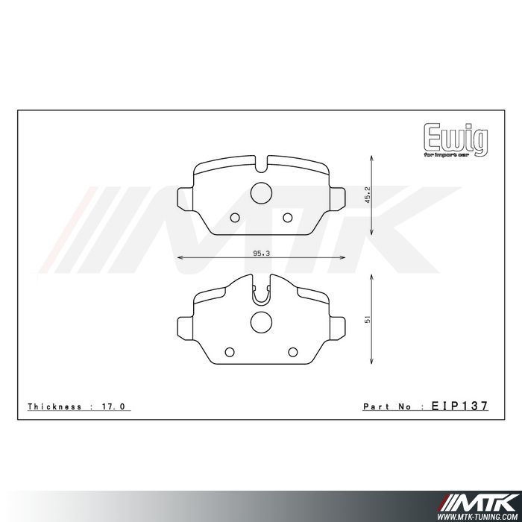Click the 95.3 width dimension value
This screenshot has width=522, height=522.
[261, 254]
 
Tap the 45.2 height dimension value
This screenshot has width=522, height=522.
[368, 195]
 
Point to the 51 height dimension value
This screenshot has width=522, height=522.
[368, 320]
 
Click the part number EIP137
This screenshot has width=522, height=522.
[460, 406]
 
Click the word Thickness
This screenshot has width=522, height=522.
[54, 406]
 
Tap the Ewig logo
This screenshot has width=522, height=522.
[456, 140]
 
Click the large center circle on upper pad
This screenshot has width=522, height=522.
[261, 193]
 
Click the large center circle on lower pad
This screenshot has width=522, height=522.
[261, 322]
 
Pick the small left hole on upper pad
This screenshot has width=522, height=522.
[235, 218]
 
